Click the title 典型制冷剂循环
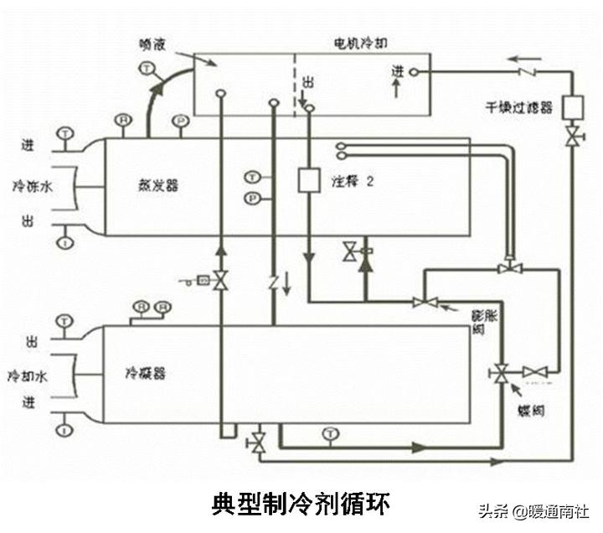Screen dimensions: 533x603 301,505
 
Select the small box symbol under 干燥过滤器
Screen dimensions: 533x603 572,107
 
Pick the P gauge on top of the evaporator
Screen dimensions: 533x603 178,121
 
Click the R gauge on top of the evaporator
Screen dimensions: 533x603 123,121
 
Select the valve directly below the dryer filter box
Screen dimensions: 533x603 572,137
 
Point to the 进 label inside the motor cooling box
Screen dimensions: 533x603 396,73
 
